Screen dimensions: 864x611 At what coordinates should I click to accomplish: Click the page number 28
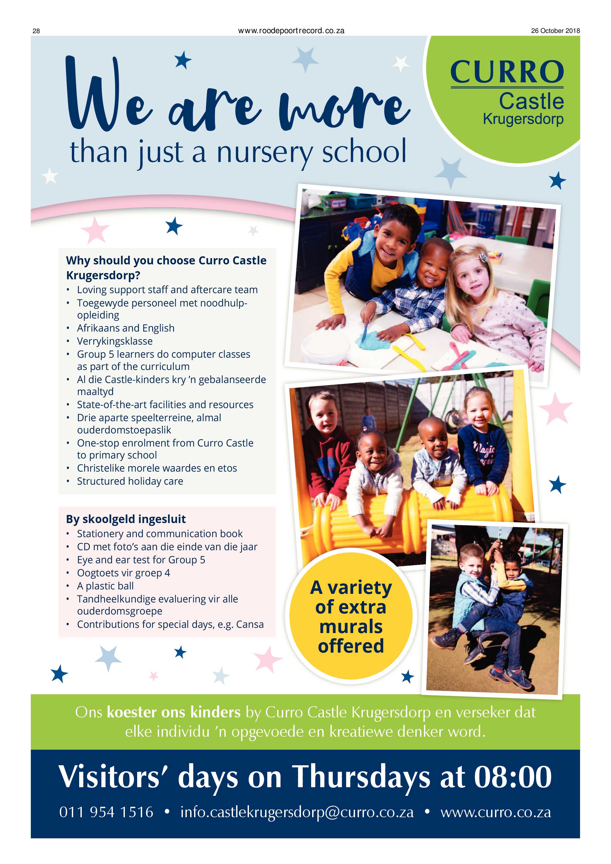pos(36,31)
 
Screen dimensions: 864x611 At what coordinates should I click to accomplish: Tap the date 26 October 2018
pos(555,31)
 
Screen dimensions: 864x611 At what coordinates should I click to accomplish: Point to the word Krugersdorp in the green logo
pos(523,119)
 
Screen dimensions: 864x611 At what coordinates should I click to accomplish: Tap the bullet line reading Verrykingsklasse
pos(115,341)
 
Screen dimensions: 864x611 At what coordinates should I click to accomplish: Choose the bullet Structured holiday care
pos(130,481)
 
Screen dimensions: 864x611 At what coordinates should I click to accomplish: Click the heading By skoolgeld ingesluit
pos(126,519)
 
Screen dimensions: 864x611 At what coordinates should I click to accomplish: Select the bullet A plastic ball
pos(105,585)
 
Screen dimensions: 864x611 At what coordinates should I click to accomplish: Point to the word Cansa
pos(250,624)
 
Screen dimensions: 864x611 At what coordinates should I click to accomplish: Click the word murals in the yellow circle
pos(351,627)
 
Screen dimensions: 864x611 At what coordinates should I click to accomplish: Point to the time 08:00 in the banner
pos(513,776)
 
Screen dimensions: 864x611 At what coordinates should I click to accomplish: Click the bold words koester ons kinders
pos(173,712)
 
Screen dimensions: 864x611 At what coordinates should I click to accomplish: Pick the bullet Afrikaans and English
pos(126,328)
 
